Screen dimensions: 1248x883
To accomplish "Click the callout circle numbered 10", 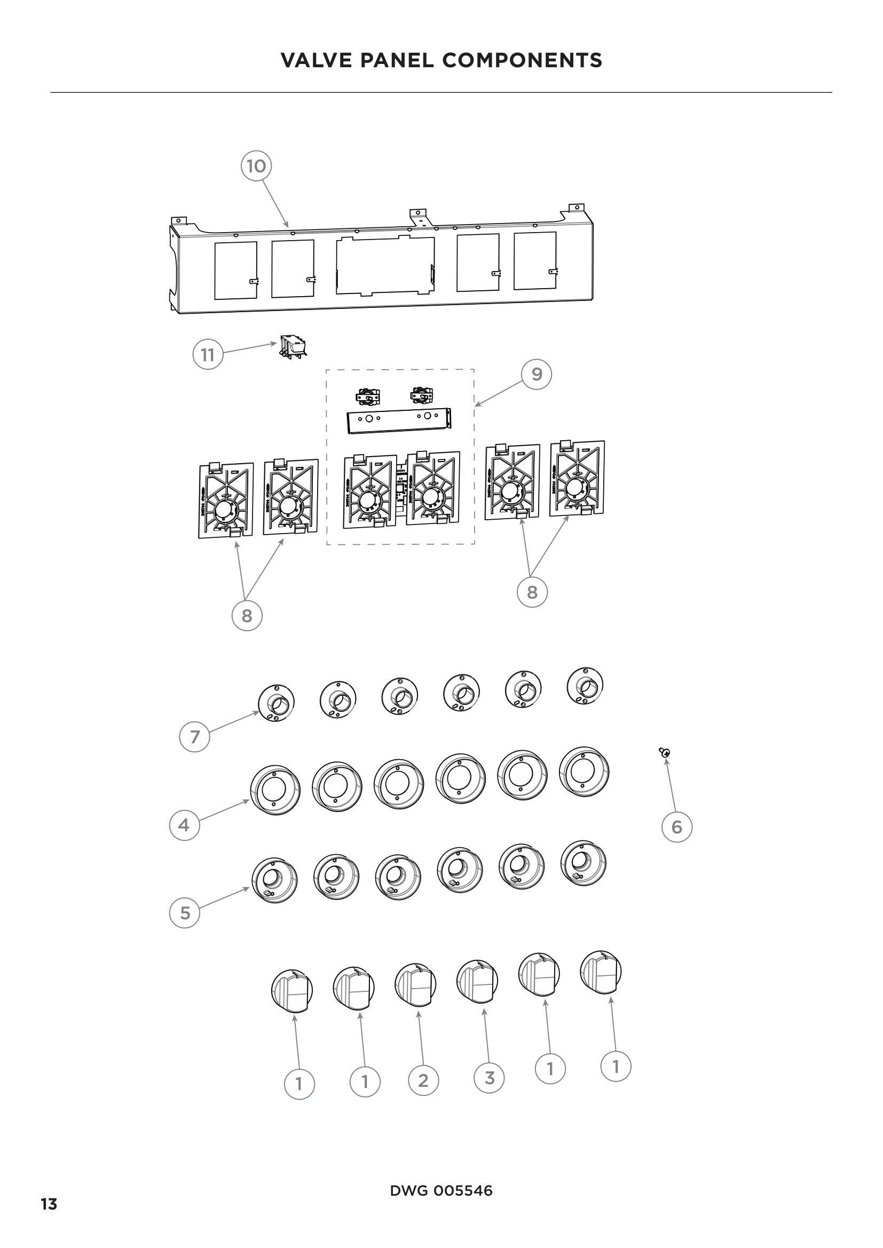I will pyautogui.click(x=256, y=166).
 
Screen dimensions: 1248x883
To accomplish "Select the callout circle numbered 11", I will pyautogui.click(x=208, y=354).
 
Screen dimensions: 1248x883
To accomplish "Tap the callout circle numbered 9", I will pyautogui.click(x=537, y=374).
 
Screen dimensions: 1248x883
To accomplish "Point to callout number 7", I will pyautogui.click(x=195, y=736).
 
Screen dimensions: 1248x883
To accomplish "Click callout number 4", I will pyautogui.click(x=184, y=825).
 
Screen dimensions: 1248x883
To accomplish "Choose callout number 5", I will pyautogui.click(x=185, y=912).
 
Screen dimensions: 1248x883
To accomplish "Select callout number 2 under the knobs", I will pyautogui.click(x=423, y=1080).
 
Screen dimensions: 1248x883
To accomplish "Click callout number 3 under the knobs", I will pyautogui.click(x=490, y=1077).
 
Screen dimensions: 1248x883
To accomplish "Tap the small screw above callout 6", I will pyautogui.click(x=665, y=752).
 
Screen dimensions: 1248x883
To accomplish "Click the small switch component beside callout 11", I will pyautogui.click(x=293, y=346).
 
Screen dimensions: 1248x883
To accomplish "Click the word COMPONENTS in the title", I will pyautogui.click(x=522, y=60).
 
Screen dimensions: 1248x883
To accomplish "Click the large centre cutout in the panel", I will pyautogui.click(x=385, y=265).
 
